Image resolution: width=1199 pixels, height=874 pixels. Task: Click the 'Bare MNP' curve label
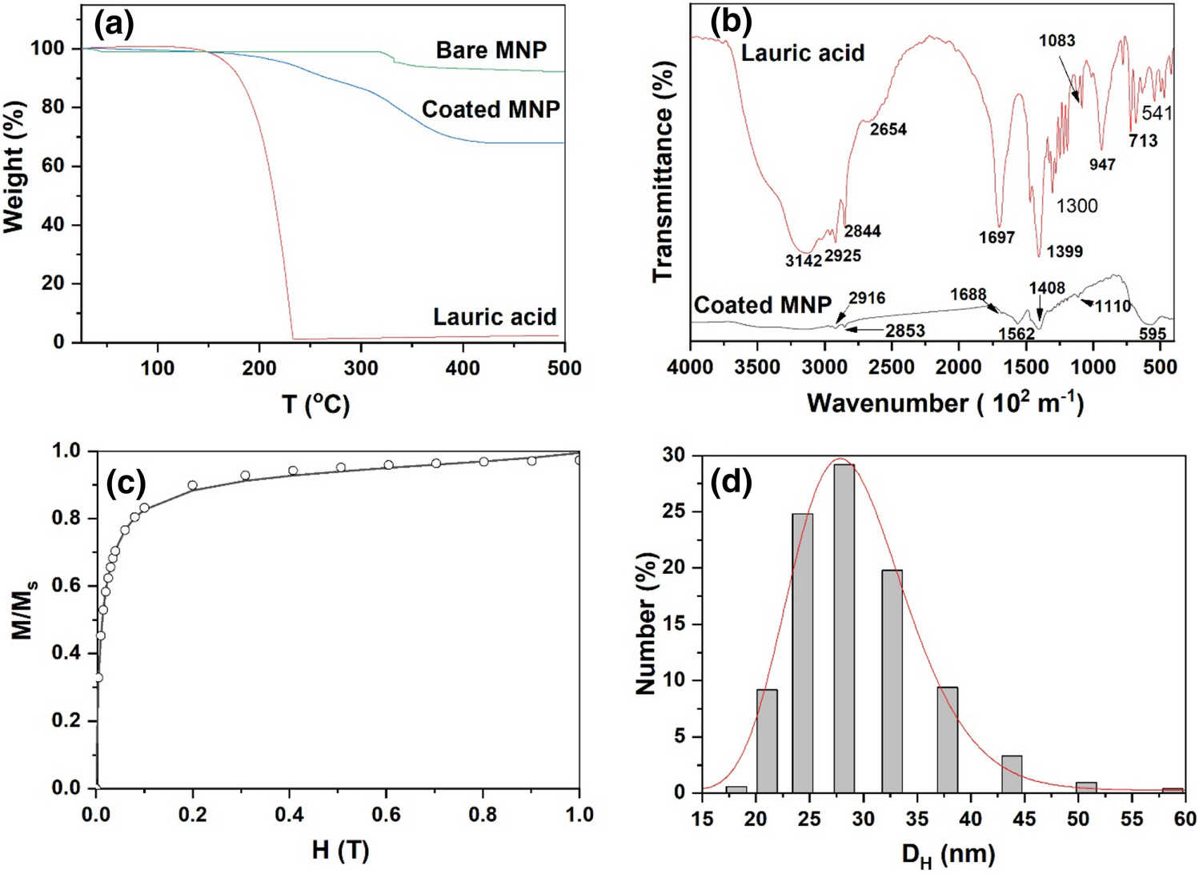pos(491,50)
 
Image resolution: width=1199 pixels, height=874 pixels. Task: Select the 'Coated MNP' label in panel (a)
pos(490,109)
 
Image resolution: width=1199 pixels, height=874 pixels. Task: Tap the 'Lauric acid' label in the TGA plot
pos(494,317)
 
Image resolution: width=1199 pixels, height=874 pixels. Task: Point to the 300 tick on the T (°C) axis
pos(361,368)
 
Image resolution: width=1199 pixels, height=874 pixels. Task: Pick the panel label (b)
pos(730,22)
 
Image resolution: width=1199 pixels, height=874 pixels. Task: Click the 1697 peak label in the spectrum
pos(996,238)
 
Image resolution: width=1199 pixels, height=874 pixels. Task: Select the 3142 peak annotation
pos(803,260)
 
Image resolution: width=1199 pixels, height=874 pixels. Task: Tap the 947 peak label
pos(1102,165)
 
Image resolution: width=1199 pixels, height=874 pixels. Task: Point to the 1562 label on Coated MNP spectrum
pos(1017,334)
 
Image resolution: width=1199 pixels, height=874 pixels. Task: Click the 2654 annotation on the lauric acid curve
pos(888,130)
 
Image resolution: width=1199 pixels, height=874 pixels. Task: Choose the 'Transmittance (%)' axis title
pos(663,172)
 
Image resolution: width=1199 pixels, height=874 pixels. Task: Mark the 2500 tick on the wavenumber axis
pos(891,367)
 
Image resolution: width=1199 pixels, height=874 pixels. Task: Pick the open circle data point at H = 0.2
pos(192,486)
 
